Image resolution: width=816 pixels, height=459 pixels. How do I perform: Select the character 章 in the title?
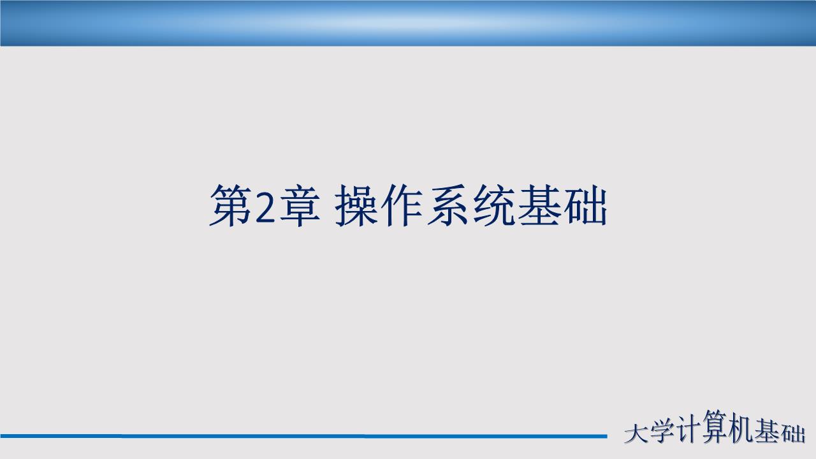coord(297,205)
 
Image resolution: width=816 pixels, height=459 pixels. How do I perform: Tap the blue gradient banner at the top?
coord(408,22)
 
